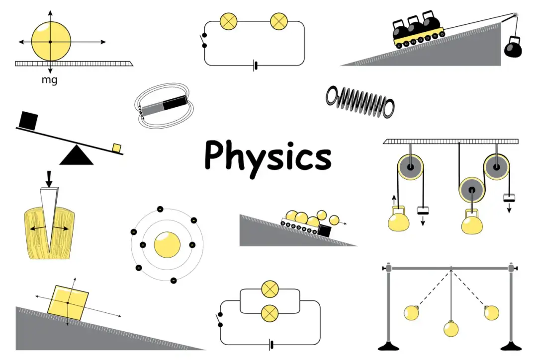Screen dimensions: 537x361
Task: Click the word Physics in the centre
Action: [268, 158]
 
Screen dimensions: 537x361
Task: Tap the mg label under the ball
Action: [49, 80]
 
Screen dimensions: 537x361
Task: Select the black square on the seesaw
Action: [28, 121]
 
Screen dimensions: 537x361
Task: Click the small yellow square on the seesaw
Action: [117, 147]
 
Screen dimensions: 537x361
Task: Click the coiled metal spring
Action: [360, 101]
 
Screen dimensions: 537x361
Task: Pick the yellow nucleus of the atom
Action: [167, 245]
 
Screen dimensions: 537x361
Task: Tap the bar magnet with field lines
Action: [165, 105]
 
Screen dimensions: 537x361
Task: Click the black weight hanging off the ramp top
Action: [513, 47]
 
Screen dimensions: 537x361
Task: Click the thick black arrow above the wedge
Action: [49, 179]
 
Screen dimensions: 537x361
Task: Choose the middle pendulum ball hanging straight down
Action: [450, 329]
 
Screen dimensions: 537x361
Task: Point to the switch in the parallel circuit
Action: [220, 320]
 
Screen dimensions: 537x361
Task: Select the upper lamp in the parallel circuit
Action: [270, 289]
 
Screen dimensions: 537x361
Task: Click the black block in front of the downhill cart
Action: [324, 231]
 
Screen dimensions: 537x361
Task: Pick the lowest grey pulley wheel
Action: [472, 190]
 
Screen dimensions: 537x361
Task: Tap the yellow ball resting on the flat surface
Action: [51, 41]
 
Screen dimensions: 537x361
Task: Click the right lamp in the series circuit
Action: [279, 21]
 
